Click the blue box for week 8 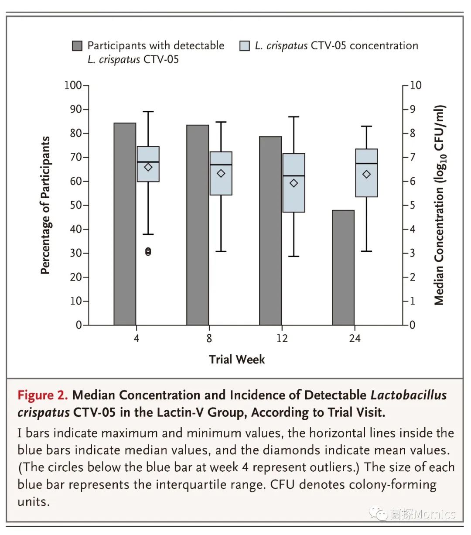221,173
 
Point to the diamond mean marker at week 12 294,183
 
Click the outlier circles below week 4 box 148,251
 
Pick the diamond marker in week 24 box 367,174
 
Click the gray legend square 77,46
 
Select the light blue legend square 245,46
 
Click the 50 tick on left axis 76,205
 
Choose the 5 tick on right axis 413,205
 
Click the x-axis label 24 355,338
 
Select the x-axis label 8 209,338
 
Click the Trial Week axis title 237,359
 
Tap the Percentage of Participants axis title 45,205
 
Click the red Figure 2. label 43,395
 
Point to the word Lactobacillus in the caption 409,395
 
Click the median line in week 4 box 148,162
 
